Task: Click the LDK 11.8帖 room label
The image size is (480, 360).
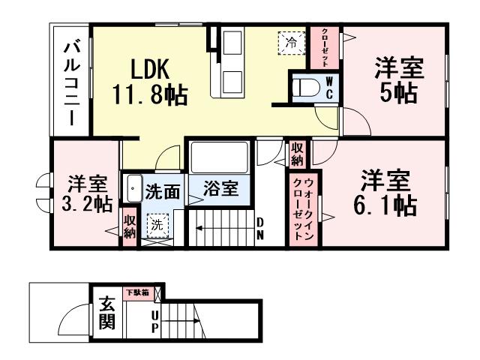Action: click(x=151, y=82)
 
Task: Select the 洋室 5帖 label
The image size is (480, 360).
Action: click(x=399, y=79)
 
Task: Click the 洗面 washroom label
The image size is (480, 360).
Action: click(x=163, y=191)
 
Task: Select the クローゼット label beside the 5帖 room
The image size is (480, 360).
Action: click(x=325, y=46)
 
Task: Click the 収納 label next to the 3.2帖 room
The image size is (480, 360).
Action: click(x=130, y=226)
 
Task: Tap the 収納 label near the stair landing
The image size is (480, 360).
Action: click(x=298, y=154)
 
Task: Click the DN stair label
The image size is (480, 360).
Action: click(x=260, y=226)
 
